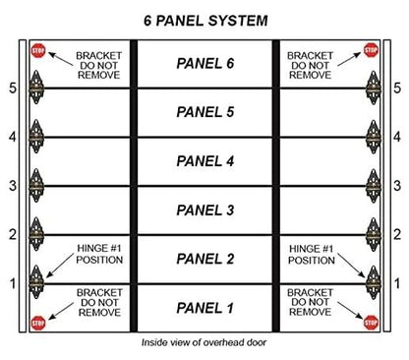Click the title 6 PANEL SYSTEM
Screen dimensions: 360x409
204,20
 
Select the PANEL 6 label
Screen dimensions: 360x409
204,63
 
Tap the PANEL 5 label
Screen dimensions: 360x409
204,111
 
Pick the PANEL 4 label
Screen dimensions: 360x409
204,160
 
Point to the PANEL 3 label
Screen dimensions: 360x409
204,209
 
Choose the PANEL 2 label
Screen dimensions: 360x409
204,258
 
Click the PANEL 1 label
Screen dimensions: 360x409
204,307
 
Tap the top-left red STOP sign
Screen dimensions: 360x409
38,49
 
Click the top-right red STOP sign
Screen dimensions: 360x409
371,49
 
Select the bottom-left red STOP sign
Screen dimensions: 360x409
38,321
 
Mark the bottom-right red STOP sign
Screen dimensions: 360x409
371,321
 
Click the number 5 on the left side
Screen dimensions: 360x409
11,88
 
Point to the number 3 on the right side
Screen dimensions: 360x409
397,185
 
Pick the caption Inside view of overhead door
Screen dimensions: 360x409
204,346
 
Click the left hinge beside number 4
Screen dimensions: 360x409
37,135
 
